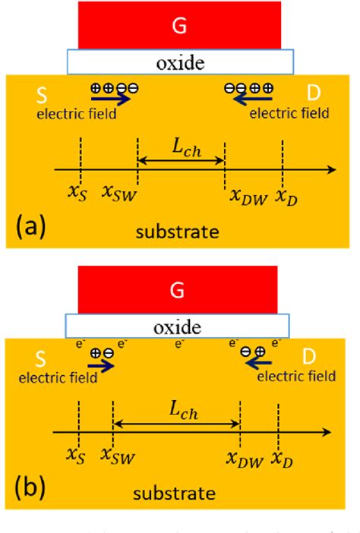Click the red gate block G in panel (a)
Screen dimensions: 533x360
(180, 24)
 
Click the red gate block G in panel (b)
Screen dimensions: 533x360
(180, 291)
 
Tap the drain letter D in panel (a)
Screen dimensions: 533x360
(313, 94)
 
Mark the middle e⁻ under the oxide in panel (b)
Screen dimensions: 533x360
(178, 344)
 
